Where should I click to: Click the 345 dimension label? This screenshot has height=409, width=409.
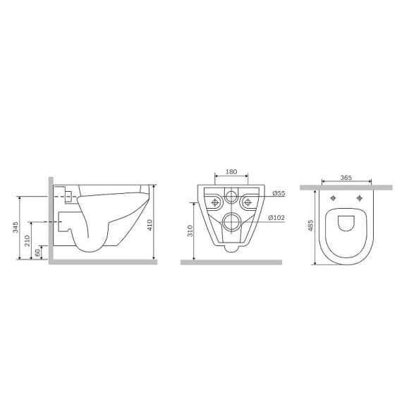point(16,227)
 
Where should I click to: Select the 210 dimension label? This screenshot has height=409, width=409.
point(27,240)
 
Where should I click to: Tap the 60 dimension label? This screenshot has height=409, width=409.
point(38,252)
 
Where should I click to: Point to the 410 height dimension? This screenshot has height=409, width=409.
point(149,225)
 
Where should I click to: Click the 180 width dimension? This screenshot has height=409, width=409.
point(231,171)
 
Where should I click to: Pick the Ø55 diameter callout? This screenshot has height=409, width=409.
point(279,193)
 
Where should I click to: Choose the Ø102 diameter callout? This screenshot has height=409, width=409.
point(276,217)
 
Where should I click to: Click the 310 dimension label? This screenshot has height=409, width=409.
point(190,231)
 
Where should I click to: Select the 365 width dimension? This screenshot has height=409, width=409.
point(346,178)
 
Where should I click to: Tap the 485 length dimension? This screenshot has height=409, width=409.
point(310,226)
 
